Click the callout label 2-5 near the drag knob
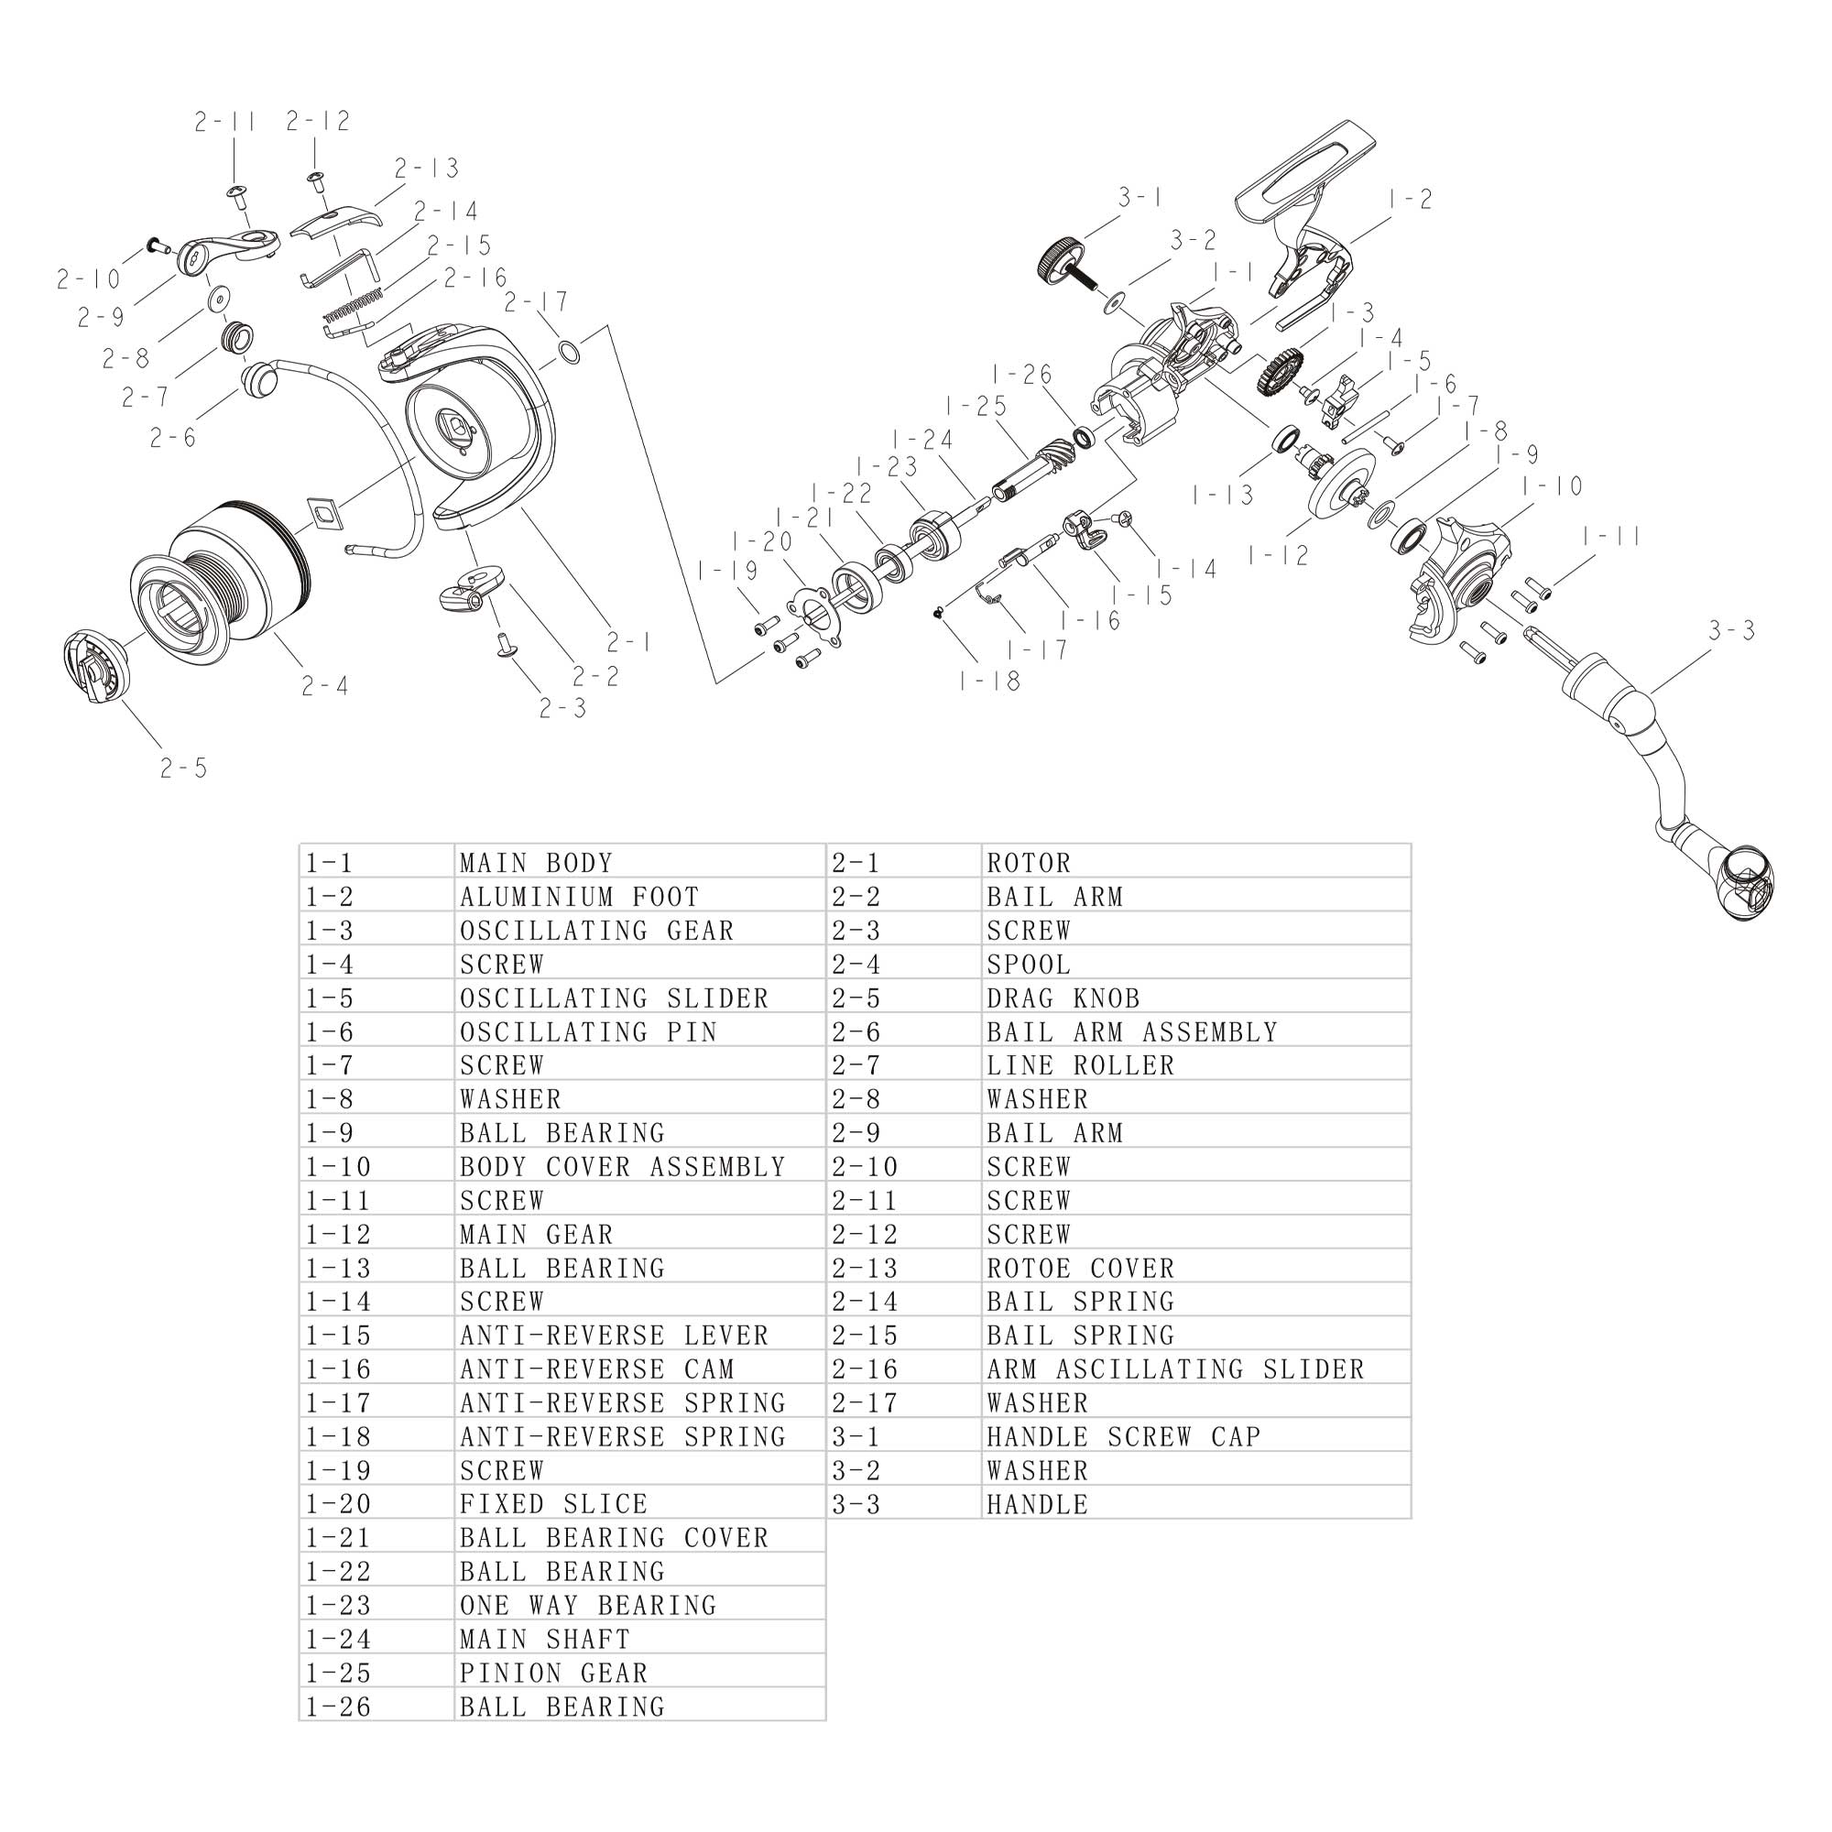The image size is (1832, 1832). click(x=184, y=769)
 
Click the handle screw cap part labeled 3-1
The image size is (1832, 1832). click(x=1060, y=257)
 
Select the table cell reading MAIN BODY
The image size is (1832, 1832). click(x=537, y=863)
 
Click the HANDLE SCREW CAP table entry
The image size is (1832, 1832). click(x=1124, y=1436)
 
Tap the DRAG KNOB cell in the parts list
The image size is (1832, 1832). click(x=1063, y=998)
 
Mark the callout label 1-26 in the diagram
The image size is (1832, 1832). click(x=1022, y=375)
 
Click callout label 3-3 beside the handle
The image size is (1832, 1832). click(x=1731, y=630)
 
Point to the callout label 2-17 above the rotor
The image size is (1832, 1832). click(x=536, y=302)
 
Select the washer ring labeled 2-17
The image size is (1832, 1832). click(x=567, y=353)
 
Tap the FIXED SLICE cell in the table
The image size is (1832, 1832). click(x=554, y=1504)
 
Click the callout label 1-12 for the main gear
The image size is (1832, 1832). click(x=1277, y=556)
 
